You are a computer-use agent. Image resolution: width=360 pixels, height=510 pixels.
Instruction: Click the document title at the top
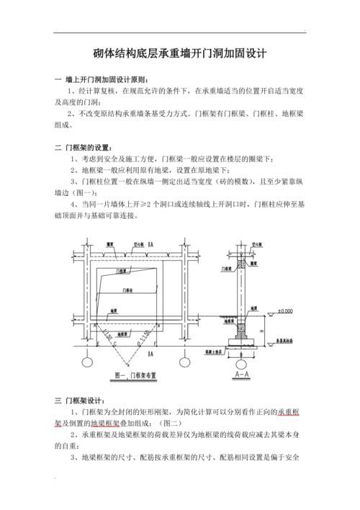click(x=180, y=53)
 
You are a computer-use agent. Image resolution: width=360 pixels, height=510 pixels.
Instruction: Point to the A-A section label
click(x=241, y=375)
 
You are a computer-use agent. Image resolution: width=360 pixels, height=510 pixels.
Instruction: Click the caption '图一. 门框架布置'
click(x=136, y=375)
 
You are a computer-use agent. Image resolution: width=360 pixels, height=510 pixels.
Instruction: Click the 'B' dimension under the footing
click(x=240, y=354)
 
